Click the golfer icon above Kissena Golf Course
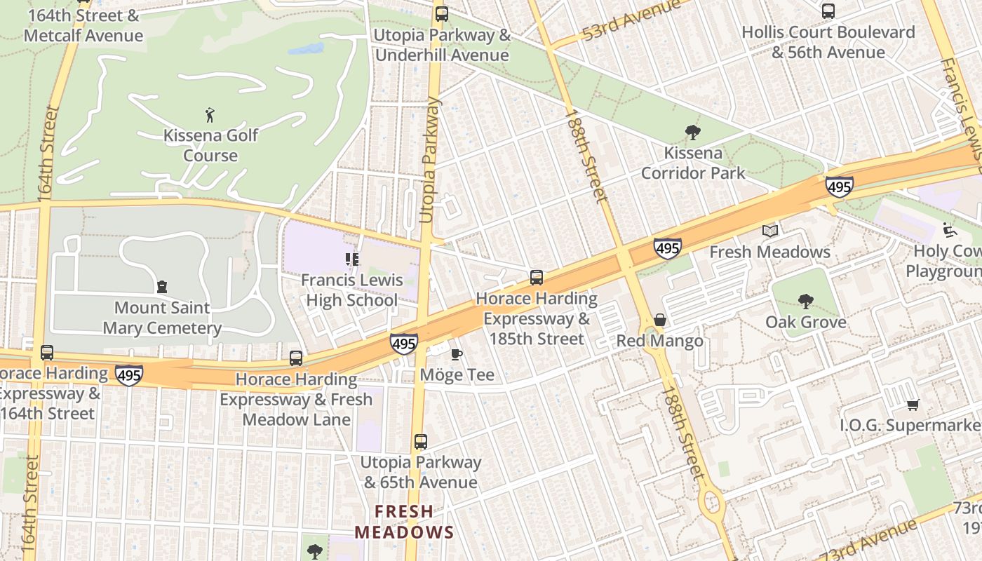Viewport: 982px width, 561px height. (x=210, y=115)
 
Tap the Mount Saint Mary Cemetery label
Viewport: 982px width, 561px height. (x=162, y=318)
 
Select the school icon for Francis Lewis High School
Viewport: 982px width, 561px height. (x=352, y=259)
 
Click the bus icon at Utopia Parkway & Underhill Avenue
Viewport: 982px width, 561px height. (x=441, y=13)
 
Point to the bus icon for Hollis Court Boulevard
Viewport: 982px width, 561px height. (x=828, y=11)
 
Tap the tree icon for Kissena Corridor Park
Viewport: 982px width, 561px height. (x=692, y=132)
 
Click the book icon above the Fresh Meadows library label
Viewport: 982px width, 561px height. (x=770, y=231)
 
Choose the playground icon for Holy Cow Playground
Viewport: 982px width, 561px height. (x=949, y=229)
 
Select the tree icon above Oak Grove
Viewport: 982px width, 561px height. (x=805, y=302)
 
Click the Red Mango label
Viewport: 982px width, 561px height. (x=659, y=342)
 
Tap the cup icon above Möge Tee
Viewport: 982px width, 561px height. (x=456, y=354)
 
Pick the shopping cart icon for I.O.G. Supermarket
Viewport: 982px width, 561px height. (x=913, y=405)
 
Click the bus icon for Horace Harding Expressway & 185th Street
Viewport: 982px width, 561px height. (x=537, y=278)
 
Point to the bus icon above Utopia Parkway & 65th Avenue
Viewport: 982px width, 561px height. (x=420, y=442)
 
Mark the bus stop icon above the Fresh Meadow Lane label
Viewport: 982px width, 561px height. (x=296, y=358)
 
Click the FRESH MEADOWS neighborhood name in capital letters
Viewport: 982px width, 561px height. (x=404, y=522)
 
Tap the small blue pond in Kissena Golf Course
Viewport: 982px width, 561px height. (x=307, y=49)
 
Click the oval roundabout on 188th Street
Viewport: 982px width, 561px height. (x=711, y=503)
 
